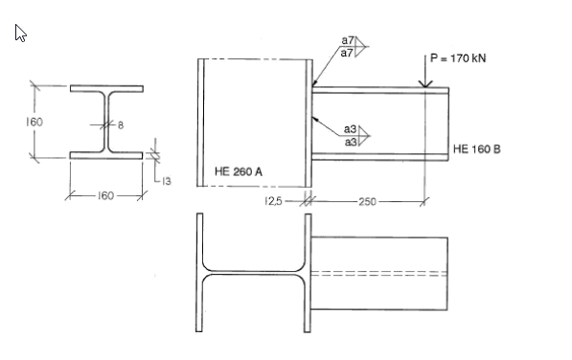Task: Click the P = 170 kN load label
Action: click(x=458, y=57)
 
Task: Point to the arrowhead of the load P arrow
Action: click(x=423, y=87)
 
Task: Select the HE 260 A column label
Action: click(x=240, y=171)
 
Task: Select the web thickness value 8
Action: click(x=121, y=124)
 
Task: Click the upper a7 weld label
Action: click(x=348, y=40)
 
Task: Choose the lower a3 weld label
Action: click(x=351, y=142)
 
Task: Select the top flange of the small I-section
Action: click(x=106, y=88)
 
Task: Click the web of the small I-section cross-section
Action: click(x=106, y=121)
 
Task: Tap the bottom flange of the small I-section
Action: click(x=106, y=154)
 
